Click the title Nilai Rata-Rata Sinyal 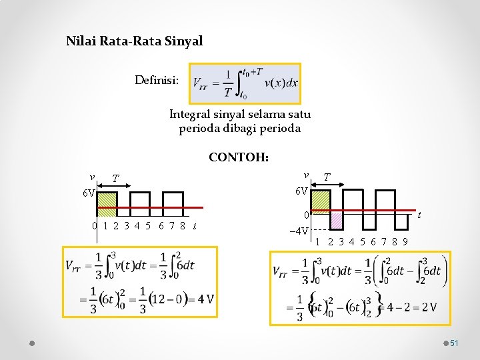(x=134, y=41)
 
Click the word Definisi (x=156, y=81)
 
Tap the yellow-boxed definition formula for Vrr (x=245, y=84)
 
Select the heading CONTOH (x=239, y=158)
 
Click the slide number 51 (x=454, y=343)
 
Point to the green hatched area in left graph (x=107, y=203)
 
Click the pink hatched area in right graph (x=337, y=221)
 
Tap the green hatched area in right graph (x=321, y=201)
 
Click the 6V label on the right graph (x=301, y=191)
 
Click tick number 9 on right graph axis (x=405, y=241)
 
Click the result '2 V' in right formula (x=427, y=307)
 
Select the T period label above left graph (x=115, y=178)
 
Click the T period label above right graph (x=327, y=177)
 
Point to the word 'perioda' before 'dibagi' (x=197, y=128)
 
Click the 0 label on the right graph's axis (x=305, y=215)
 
